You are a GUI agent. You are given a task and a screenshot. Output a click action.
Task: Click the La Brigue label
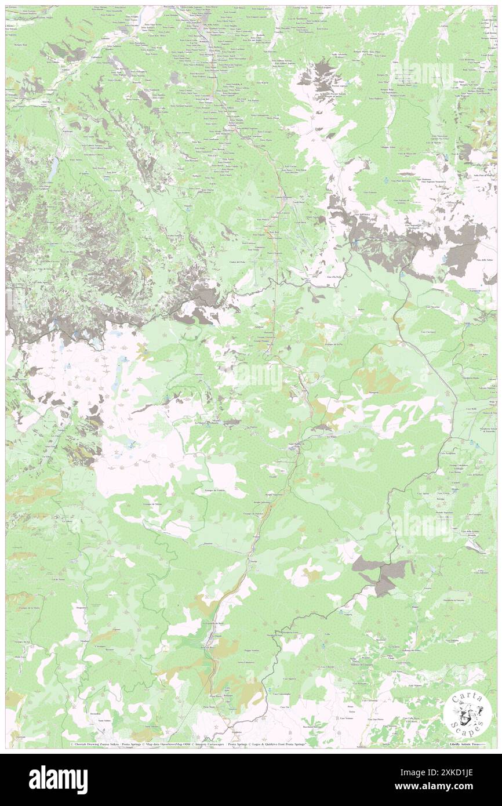click(332, 436)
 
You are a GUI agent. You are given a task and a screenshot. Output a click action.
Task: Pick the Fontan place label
click(256, 536)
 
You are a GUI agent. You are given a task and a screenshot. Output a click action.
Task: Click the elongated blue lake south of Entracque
click(53, 168)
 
